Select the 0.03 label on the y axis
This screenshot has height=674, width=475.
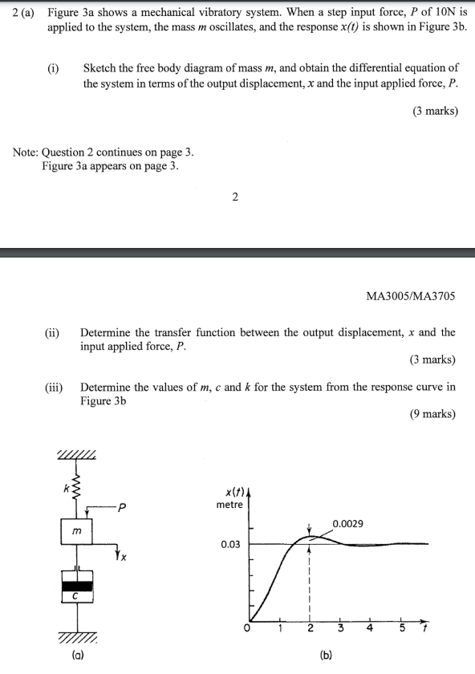pos(231,545)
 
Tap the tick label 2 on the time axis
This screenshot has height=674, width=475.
pos(310,628)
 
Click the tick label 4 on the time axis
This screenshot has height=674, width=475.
pos(370,628)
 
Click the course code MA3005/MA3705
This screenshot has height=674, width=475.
pos(410,296)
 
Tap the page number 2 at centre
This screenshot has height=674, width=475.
pos(234,197)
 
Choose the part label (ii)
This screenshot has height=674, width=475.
pos(51,332)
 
